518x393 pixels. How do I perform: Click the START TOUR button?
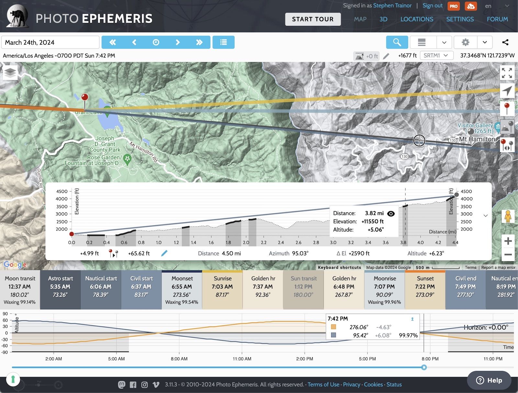(313, 19)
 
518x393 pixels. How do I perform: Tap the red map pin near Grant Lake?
(84, 97)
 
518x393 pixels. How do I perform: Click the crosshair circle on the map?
(419, 140)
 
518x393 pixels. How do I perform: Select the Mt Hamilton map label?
(477, 139)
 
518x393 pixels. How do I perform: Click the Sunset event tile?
(425, 290)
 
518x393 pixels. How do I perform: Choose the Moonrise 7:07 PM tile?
(385, 290)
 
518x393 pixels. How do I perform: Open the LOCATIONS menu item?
(417, 19)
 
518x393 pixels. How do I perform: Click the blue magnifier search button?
(397, 42)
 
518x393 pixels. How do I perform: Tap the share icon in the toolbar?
(505, 42)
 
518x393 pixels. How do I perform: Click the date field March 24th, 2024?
(50, 42)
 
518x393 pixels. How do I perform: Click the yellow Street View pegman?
(508, 216)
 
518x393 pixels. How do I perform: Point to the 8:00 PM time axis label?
(430, 359)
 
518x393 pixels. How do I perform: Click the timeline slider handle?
(424, 367)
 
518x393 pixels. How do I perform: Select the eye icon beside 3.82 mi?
(391, 213)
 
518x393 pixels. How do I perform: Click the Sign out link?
(432, 6)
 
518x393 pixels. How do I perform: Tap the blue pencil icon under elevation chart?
(164, 253)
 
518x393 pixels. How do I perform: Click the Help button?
(489, 380)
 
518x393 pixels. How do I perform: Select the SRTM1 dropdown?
(436, 55)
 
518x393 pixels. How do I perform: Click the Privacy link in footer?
(351, 385)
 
